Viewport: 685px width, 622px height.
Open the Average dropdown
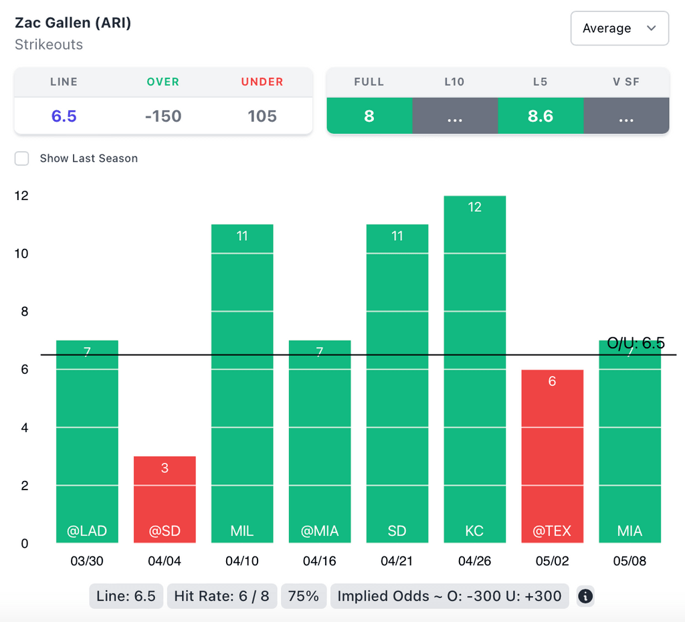[619, 28]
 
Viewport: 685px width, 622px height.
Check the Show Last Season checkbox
[22, 159]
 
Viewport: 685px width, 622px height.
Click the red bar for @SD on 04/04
[165, 499]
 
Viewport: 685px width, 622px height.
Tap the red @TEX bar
[552, 455]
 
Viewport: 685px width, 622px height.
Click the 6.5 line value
[64, 116]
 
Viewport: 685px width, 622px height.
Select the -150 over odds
[163, 116]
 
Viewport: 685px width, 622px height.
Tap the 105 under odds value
[262, 116]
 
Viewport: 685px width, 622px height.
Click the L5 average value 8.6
[541, 116]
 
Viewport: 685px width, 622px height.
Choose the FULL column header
[369, 82]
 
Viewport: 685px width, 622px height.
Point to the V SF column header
[626, 82]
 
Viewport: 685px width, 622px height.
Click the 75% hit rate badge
[304, 596]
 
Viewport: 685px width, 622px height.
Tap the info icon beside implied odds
[585, 596]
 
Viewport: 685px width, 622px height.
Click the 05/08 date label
[629, 561]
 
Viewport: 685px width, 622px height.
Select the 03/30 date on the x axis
[87, 561]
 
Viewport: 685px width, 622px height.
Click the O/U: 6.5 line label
[635, 343]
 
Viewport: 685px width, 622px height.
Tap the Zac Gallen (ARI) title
[73, 23]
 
